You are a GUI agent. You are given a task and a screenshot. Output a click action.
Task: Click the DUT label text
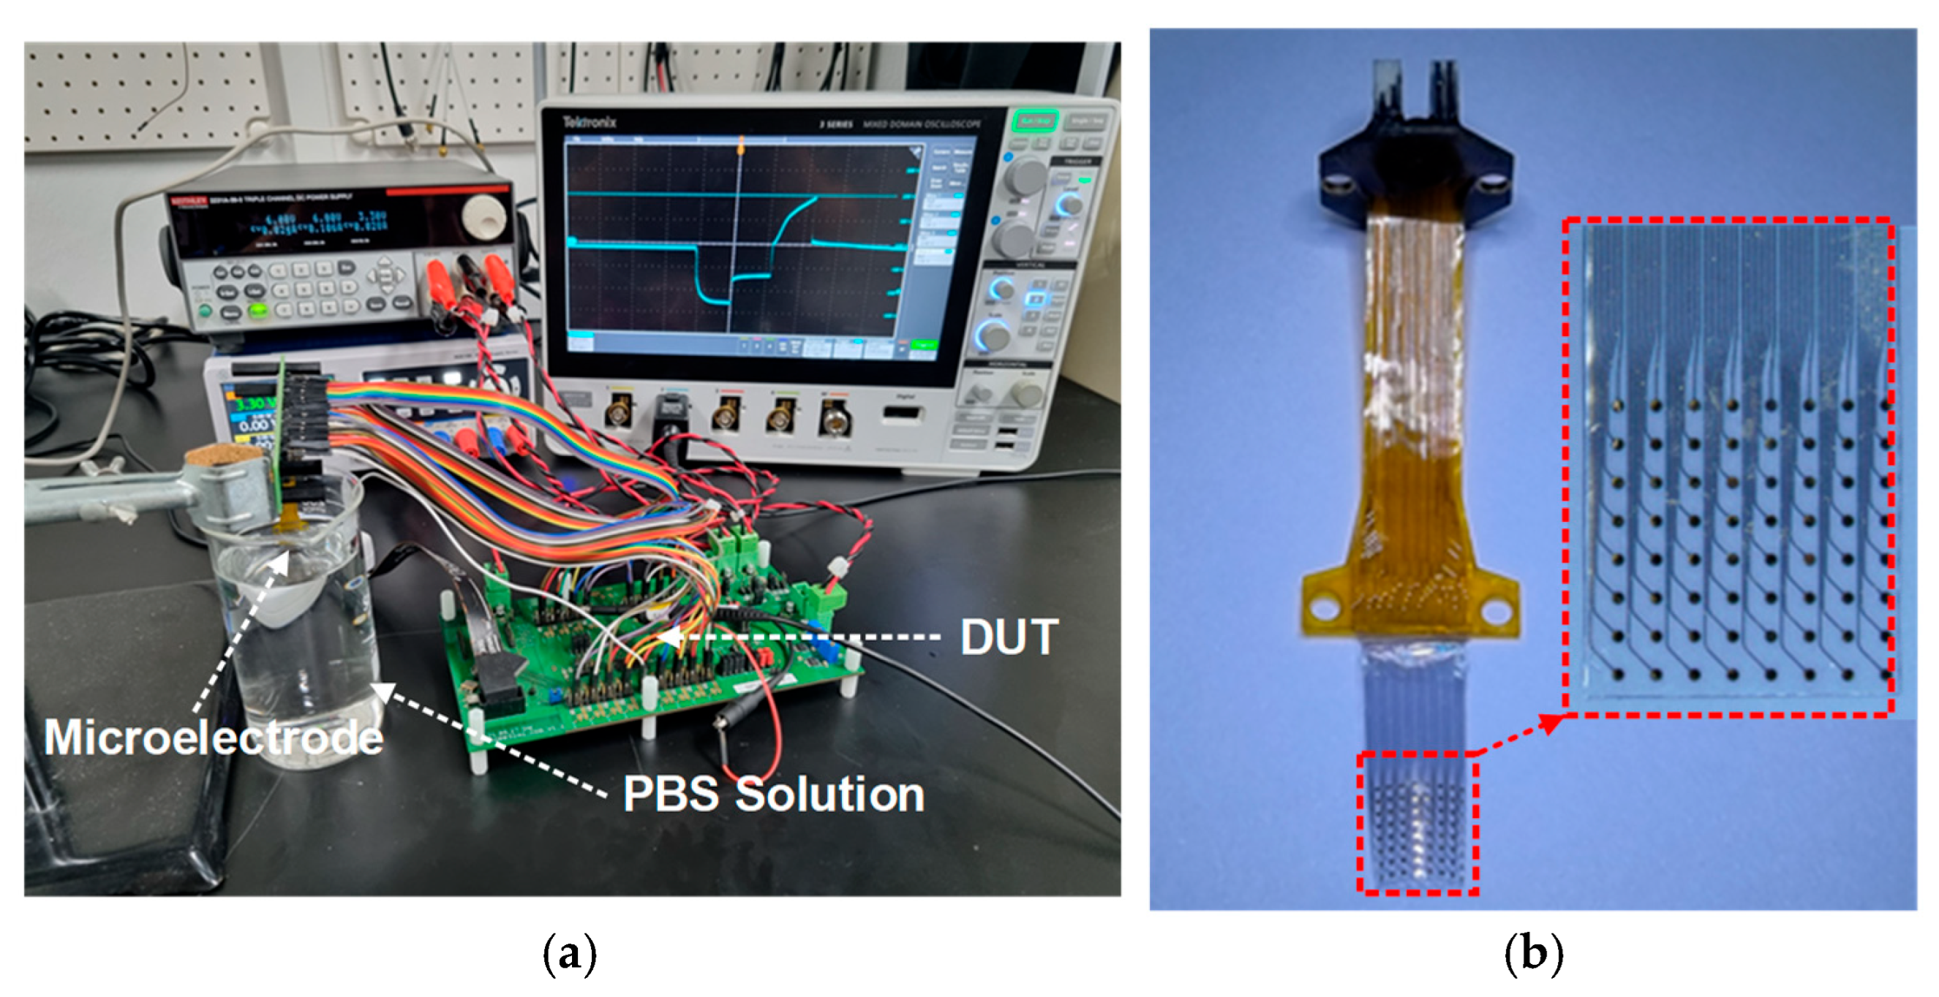1009,637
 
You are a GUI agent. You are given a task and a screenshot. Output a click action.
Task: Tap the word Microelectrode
213,737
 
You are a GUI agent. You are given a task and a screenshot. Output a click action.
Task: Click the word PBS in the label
670,794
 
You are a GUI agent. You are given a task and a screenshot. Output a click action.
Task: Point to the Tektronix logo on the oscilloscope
590,122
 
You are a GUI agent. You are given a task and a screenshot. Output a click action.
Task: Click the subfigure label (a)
570,953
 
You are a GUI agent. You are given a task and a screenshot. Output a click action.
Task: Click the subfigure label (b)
1533,953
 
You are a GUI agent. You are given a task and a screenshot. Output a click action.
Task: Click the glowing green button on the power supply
258,309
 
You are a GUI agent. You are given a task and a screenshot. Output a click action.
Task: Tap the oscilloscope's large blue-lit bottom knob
992,336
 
